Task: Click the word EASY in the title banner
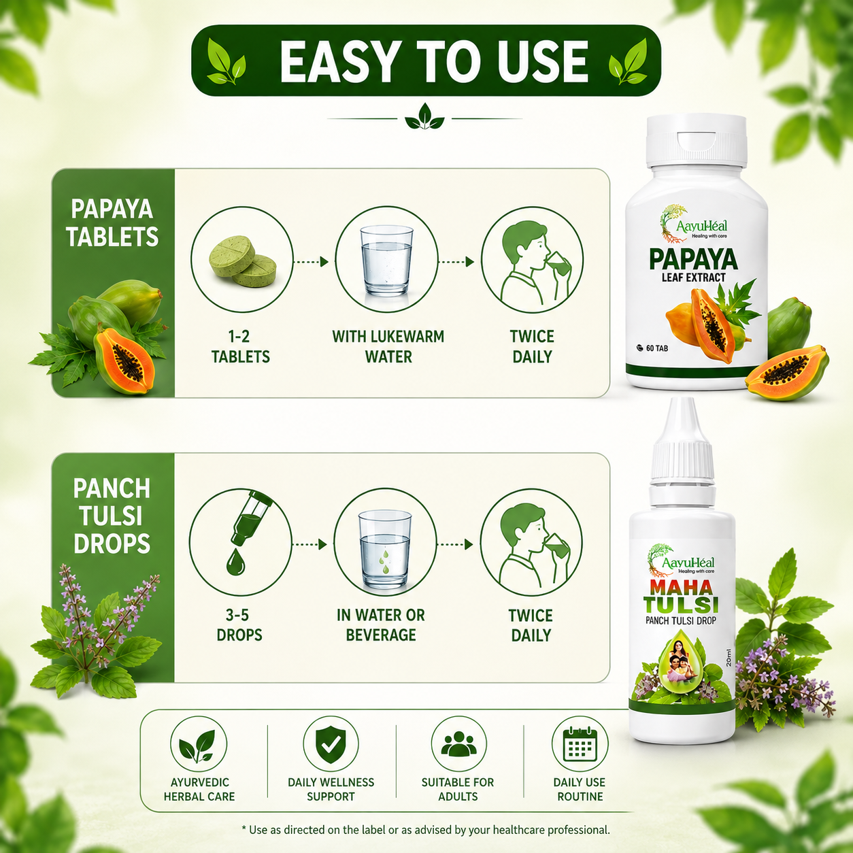337,61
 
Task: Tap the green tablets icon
243,261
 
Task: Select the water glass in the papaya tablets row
386,261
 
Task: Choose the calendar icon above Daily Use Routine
580,744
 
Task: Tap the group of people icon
458,743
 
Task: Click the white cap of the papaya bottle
697,141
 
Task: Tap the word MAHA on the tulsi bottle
681,587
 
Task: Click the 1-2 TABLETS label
240,347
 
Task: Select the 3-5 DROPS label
239,625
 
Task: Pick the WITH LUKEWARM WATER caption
388,347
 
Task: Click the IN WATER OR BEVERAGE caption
381,625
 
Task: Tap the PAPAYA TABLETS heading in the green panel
112,222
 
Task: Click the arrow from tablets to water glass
312,262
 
